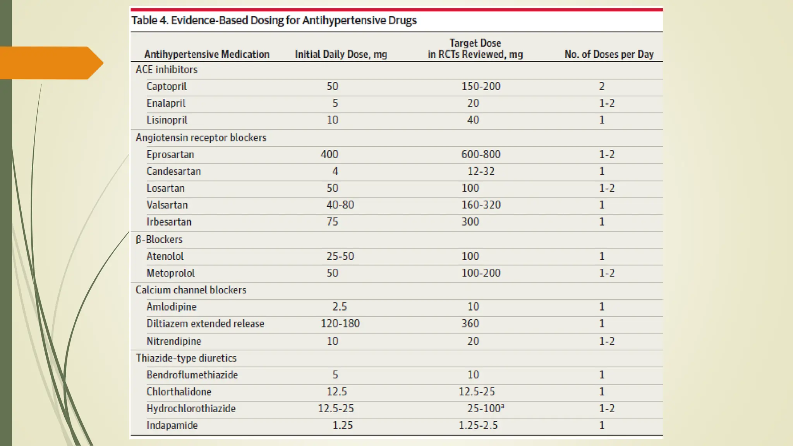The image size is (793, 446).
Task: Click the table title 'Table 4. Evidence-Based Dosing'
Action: tap(274, 20)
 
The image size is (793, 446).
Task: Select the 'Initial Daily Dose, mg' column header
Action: tap(341, 54)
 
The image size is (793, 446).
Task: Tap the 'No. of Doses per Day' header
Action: tap(609, 54)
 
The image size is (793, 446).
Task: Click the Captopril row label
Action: tap(166, 86)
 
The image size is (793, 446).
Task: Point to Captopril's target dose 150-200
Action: tap(481, 86)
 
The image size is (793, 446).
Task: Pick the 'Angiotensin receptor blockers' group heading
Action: tap(201, 138)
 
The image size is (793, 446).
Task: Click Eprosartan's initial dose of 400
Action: tap(330, 154)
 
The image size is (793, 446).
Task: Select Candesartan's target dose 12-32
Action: tap(481, 172)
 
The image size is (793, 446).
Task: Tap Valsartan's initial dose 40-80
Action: tap(340, 205)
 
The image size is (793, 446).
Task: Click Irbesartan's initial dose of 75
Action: tap(332, 222)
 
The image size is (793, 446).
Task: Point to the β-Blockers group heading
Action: tap(159, 240)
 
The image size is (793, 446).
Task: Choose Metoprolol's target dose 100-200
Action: tap(481, 273)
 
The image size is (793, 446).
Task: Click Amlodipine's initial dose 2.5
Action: tap(340, 307)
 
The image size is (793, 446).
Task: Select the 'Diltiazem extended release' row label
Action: tap(205, 324)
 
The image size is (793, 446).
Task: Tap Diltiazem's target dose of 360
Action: tap(470, 324)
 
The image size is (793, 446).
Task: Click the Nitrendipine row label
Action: tap(174, 341)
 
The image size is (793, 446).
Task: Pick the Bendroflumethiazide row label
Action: tap(192, 375)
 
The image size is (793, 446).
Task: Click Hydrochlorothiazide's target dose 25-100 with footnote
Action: tap(486, 408)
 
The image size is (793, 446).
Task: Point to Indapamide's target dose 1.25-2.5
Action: tap(478, 425)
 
